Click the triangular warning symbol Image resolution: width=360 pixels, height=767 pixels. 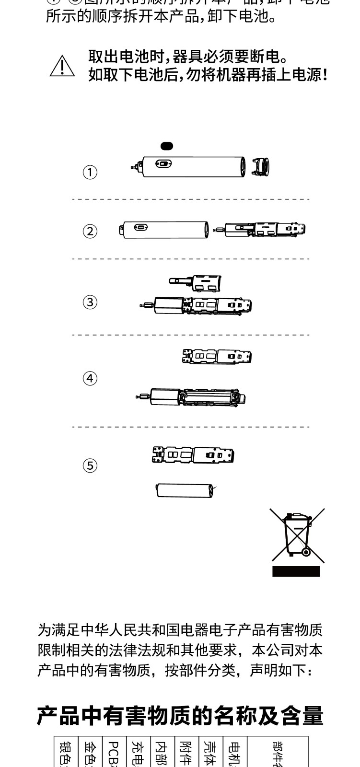[x=62, y=66]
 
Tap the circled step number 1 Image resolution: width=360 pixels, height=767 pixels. [x=90, y=172]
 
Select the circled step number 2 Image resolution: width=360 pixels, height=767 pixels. [x=90, y=232]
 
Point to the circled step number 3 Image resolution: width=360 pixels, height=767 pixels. [x=90, y=302]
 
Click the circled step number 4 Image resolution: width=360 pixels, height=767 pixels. [x=90, y=378]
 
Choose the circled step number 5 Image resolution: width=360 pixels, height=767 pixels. [x=90, y=465]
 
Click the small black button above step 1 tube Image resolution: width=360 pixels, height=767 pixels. [x=167, y=145]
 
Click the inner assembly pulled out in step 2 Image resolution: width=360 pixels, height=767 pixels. [x=261, y=230]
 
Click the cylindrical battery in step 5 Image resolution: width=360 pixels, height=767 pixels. [x=185, y=490]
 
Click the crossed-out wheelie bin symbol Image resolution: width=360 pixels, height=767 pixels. [x=297, y=535]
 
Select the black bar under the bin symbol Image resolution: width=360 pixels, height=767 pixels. [x=296, y=571]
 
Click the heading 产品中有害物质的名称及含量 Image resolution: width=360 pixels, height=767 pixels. [x=180, y=716]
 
